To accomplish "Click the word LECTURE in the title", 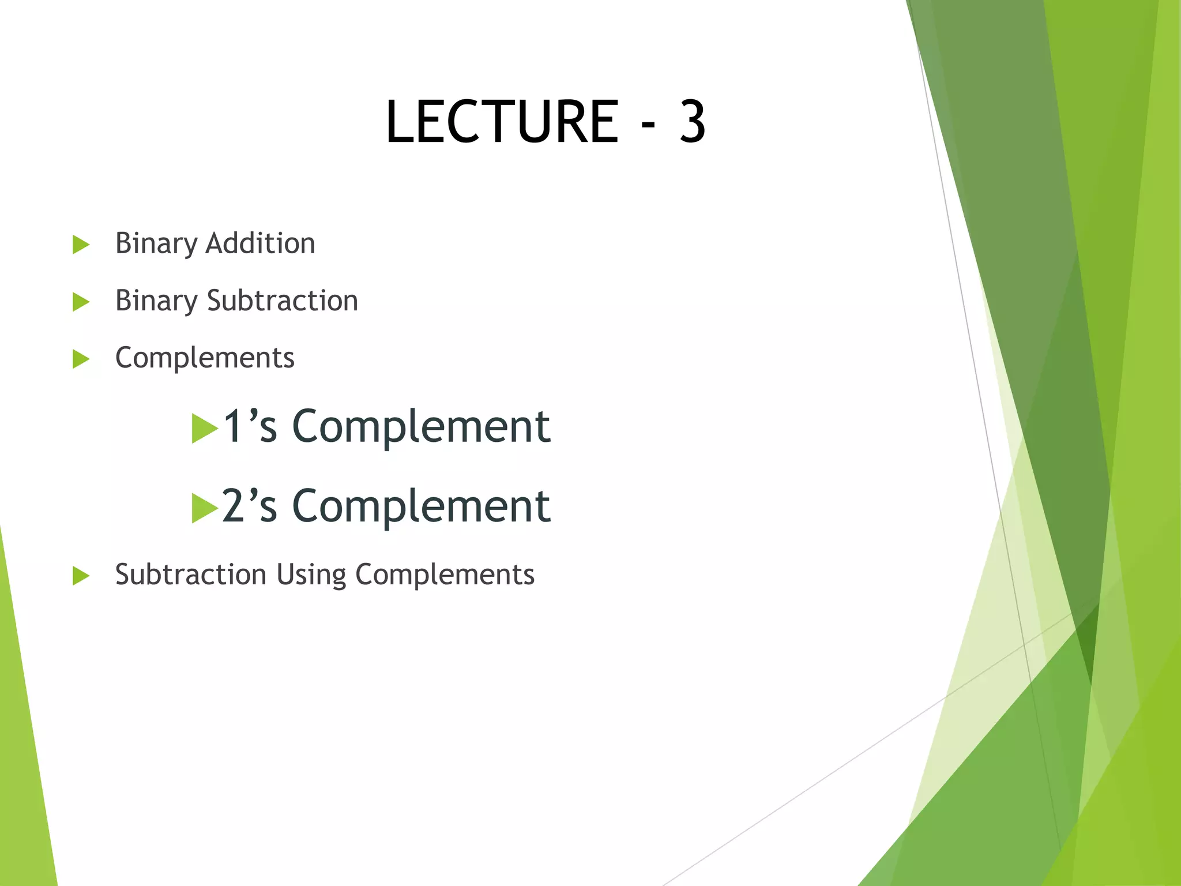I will coord(502,122).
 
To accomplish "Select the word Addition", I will coord(260,243).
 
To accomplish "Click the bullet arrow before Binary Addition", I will coord(81,245).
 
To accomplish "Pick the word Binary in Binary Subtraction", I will coord(156,301).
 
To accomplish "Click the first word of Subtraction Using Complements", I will coord(190,575).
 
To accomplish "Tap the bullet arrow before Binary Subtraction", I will coord(81,302).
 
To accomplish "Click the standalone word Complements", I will coord(205,358).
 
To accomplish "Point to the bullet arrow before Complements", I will coord(81,359).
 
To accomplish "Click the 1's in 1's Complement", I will coord(250,426).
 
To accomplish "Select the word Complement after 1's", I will coord(421,427).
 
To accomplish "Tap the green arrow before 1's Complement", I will coord(204,429).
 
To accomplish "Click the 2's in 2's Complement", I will coord(250,506).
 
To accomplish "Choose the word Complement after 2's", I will coord(421,507).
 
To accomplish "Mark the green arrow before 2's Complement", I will coord(204,508).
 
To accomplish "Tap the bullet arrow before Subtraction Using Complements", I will coord(81,576).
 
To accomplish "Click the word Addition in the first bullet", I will coord(260,243).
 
